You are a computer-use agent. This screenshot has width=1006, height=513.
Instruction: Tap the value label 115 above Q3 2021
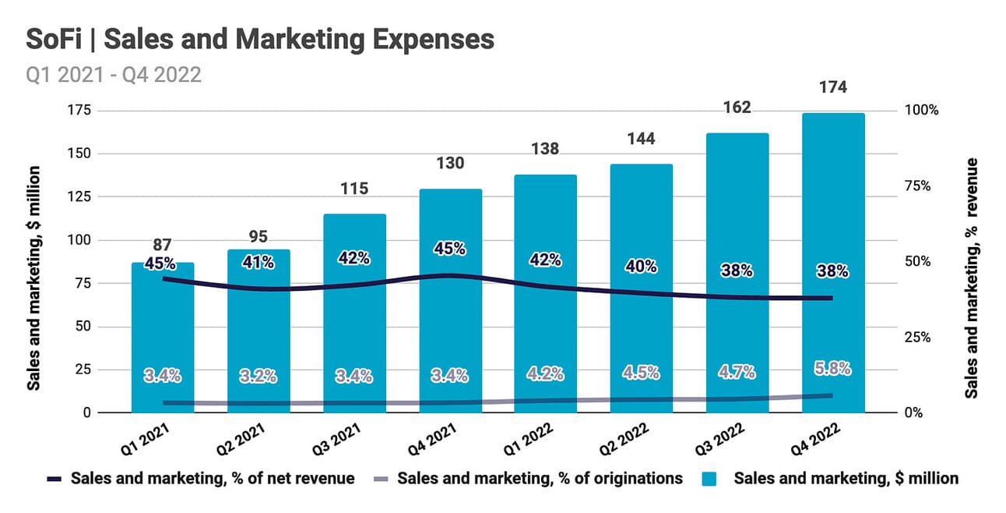coord(354,189)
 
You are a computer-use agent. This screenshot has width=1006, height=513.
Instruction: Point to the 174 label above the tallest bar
coord(833,87)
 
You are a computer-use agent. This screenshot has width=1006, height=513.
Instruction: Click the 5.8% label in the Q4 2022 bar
coord(833,368)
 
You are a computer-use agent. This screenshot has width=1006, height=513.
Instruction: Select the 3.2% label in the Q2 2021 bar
coord(259,376)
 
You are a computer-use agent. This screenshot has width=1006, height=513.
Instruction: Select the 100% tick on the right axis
coord(923,111)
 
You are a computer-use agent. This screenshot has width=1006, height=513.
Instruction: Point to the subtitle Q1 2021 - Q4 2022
coord(114,74)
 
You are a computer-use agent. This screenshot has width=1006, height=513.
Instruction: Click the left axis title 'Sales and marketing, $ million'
coord(34,278)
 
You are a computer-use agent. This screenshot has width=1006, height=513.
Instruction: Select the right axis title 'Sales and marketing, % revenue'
coord(973,278)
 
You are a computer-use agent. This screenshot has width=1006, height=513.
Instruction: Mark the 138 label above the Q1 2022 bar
coord(544,148)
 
